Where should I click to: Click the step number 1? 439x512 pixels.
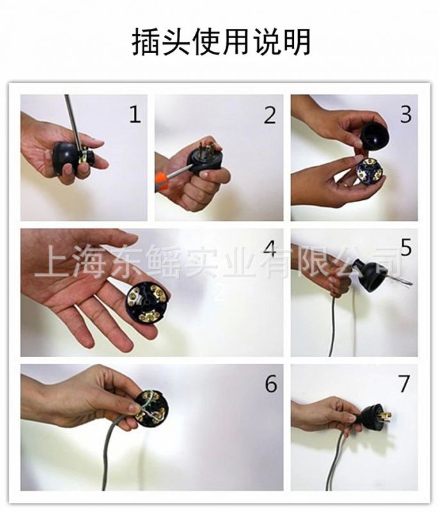coord(135,114)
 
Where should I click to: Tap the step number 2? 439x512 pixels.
coord(270,115)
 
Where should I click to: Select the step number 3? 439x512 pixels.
coord(406,115)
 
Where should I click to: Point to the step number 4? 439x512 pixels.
coord(270,248)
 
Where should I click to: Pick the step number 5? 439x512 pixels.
coord(406,248)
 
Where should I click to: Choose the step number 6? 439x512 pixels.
coord(271,383)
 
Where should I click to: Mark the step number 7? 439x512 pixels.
coord(404,383)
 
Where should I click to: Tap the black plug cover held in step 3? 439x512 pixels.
coord(376,136)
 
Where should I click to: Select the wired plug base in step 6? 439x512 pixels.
coord(153,408)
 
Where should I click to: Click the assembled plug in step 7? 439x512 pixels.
coord(375,418)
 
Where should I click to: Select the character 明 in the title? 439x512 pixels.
coord(297,42)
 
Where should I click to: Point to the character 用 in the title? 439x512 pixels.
coord(236,42)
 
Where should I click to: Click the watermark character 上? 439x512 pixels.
coord(49,261)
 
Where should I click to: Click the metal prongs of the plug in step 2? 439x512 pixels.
coord(205,147)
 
